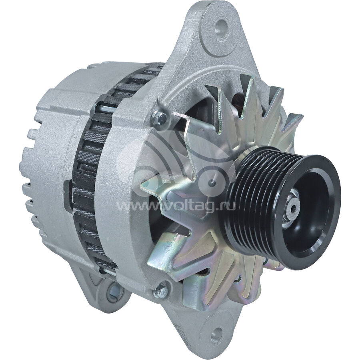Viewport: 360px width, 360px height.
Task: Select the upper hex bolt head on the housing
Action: coord(159,118)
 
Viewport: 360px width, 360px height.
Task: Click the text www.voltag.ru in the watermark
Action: coord(176,206)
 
